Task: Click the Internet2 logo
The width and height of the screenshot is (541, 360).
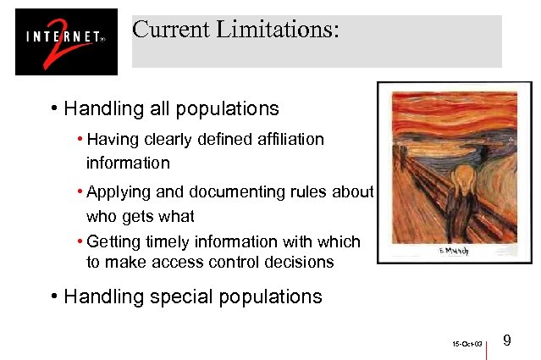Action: pyautogui.click(x=66, y=42)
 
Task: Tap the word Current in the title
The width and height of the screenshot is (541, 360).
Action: pyautogui.click(x=170, y=30)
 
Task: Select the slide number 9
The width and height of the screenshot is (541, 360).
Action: pyautogui.click(x=506, y=341)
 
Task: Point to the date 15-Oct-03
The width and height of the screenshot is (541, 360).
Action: pyautogui.click(x=467, y=345)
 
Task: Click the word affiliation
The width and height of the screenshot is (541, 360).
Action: pyautogui.click(x=284, y=139)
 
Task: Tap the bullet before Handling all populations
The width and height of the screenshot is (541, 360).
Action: pyautogui.click(x=53, y=109)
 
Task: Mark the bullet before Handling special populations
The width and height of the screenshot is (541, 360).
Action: pyautogui.click(x=53, y=296)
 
